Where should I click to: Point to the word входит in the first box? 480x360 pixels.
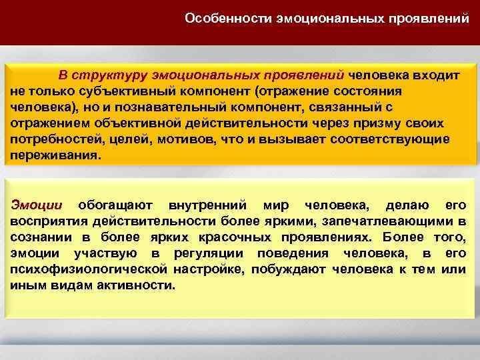coord(437,75)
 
